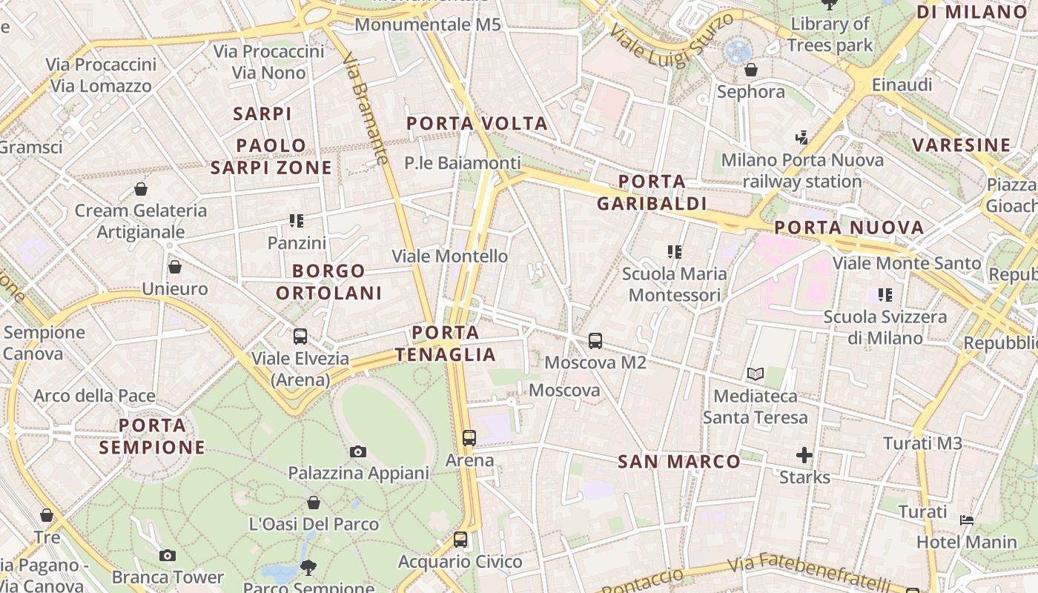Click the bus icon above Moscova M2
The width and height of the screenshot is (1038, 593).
coord(595,341)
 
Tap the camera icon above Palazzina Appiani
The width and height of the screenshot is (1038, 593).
coord(358,451)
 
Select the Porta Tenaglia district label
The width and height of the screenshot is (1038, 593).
coord(446,343)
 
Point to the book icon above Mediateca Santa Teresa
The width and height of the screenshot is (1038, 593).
coord(756,374)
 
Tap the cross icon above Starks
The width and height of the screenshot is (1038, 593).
coord(804,454)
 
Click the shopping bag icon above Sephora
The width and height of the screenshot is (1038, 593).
coord(751,70)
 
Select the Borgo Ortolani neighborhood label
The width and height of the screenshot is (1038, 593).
coord(329,282)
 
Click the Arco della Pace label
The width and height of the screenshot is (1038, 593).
coord(94,395)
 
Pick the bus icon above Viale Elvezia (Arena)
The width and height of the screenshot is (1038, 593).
coord(300,337)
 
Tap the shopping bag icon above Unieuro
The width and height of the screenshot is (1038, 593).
coord(175,267)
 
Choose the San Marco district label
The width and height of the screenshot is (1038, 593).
coord(679,462)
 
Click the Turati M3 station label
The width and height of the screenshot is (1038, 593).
coord(922,443)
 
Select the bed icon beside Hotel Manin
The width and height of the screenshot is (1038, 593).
coord(967,520)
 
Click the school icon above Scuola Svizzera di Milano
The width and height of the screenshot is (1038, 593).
coord(885,295)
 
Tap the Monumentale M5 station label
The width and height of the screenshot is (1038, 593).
coord(428,24)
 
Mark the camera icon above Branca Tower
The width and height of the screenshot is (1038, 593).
coord(168,555)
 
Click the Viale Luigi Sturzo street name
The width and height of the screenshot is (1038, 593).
coord(672,42)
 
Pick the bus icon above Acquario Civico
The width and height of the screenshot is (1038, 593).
coord(460,539)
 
